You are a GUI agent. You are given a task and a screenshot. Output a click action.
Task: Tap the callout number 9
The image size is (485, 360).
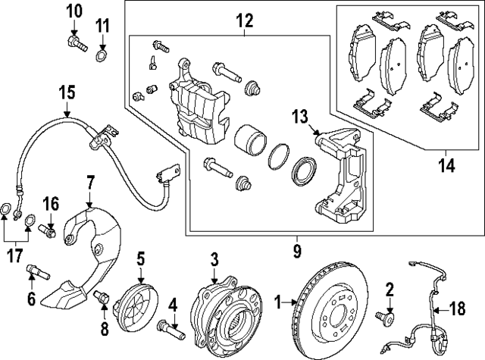coord(297,248)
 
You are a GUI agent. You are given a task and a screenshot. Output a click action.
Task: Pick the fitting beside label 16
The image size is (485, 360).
coord(52,230)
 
